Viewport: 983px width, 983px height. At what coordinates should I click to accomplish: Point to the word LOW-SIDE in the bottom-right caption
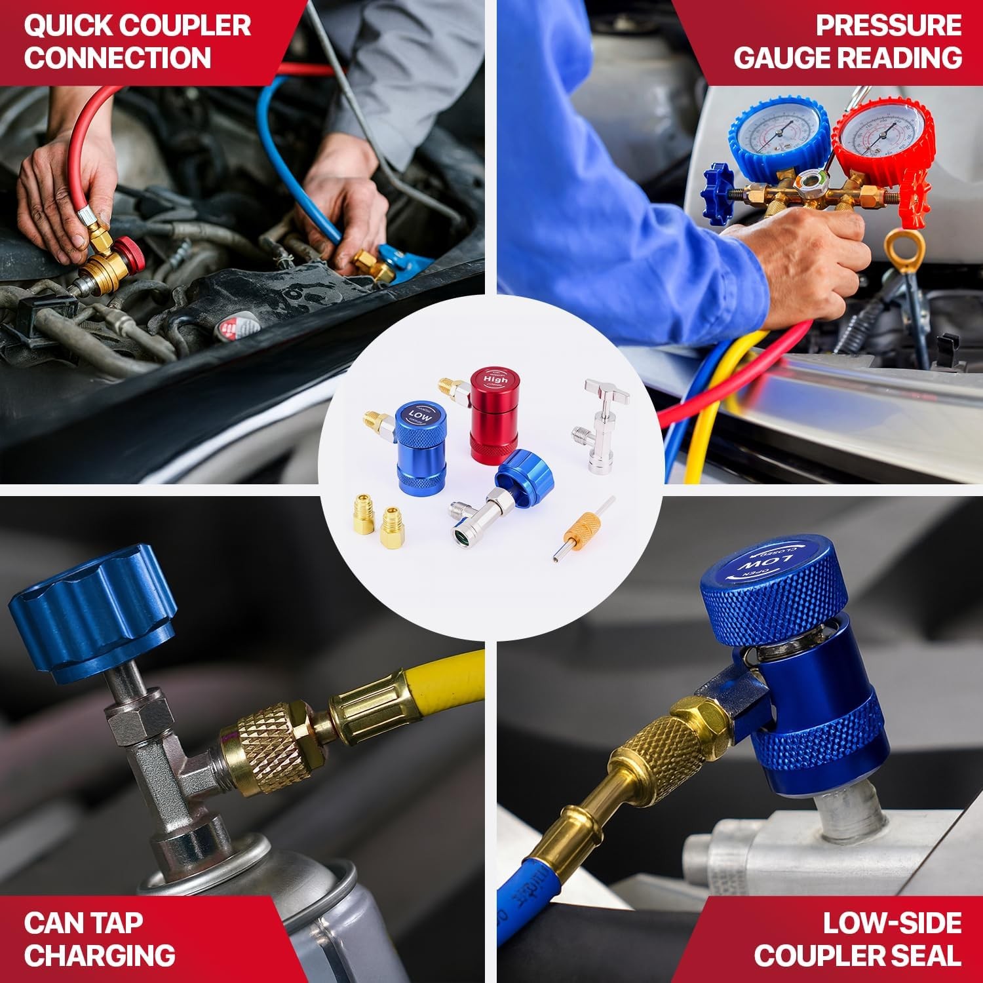click(x=892, y=923)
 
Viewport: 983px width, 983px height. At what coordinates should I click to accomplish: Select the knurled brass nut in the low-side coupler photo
click(x=662, y=741)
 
